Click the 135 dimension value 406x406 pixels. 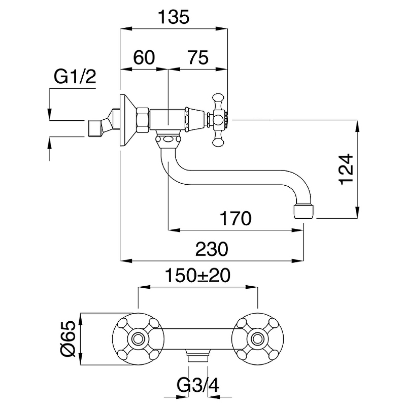[x=173, y=18]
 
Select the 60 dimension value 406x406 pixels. [x=144, y=57]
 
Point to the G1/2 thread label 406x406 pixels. [x=75, y=78]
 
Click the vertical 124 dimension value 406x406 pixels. [x=347, y=168]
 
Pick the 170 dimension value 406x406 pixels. [x=236, y=219]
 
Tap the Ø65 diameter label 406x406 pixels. [x=70, y=339]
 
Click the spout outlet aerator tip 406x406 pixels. [x=304, y=211]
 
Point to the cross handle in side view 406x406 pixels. [x=219, y=120]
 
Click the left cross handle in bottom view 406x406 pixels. [x=138, y=338]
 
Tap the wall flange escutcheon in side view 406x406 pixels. [x=126, y=120]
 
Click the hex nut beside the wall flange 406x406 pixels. [x=143, y=120]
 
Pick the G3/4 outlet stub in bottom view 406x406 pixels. [x=198, y=355]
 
